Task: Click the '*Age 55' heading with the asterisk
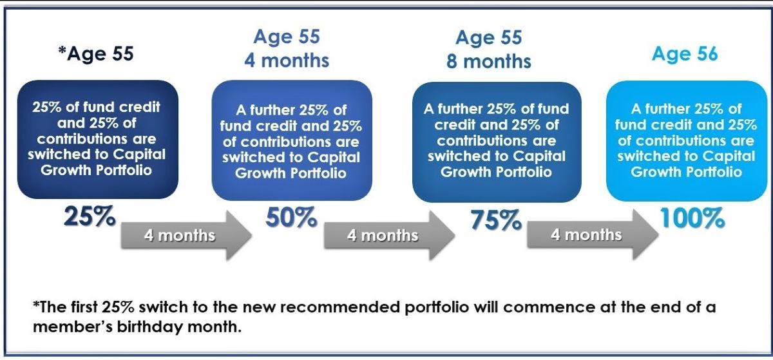96,54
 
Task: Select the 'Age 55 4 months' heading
287,48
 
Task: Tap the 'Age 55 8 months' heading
489,50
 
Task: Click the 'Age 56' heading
685,54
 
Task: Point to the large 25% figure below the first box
90,216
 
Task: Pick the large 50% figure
291,218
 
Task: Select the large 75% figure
496,220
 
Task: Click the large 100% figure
692,218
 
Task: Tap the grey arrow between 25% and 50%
186,236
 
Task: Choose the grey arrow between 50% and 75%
389,236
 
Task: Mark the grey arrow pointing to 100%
593,234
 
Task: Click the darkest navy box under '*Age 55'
98,140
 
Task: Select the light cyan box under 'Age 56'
687,141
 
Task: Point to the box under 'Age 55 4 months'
292,140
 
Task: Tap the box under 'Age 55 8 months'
497,142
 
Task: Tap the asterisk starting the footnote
36,305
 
